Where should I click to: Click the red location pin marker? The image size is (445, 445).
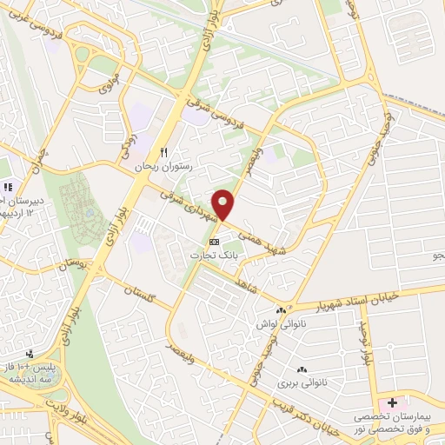(x=224, y=203)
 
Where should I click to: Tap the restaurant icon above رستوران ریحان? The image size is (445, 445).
(x=163, y=150)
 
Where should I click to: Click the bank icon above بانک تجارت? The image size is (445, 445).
(x=215, y=241)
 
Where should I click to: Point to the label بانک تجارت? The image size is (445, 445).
(x=215, y=255)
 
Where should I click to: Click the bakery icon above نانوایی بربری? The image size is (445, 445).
(x=302, y=369)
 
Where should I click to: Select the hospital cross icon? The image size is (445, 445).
(x=392, y=403)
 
